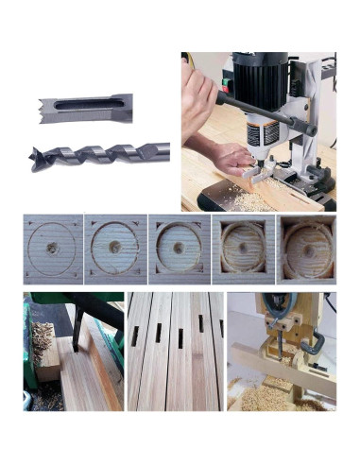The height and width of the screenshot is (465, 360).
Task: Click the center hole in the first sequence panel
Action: [53, 244]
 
